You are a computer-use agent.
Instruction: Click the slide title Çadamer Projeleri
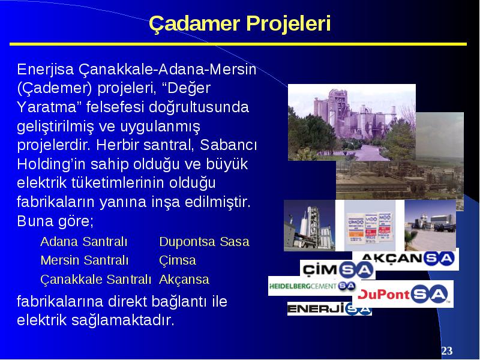tap(239, 23)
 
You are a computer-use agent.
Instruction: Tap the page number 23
tap(446, 350)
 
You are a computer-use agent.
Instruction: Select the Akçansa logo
tap(406, 259)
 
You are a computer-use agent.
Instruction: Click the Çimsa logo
tap(338, 269)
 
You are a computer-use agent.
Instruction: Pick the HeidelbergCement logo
tap(312, 286)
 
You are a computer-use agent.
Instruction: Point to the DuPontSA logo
tap(403, 294)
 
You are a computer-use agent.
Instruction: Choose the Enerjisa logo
tap(329, 308)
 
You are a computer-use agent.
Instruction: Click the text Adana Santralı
tap(83, 242)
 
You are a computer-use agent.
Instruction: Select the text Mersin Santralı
tap(84, 260)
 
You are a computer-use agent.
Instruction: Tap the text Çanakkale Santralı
tap(95, 279)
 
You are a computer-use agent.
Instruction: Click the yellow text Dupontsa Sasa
tap(204, 242)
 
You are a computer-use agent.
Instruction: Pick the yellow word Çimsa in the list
tap(177, 260)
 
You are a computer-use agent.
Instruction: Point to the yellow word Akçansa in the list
tap(184, 279)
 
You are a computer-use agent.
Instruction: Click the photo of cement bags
tap(370, 226)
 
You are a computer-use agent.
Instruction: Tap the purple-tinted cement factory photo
tap(352, 122)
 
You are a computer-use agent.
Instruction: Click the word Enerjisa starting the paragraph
tap(46, 69)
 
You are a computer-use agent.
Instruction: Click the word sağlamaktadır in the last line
tap(123, 320)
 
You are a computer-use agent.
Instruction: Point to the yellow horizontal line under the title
tap(238, 44)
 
